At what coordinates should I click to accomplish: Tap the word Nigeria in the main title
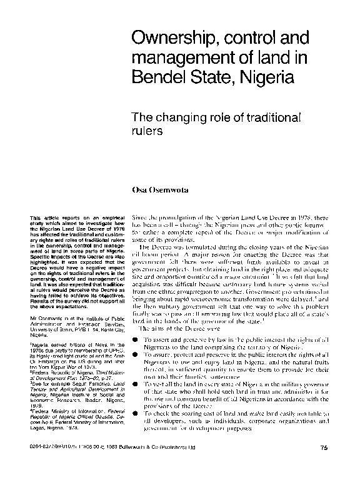[251, 81]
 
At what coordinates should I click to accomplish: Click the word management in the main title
[181, 61]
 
